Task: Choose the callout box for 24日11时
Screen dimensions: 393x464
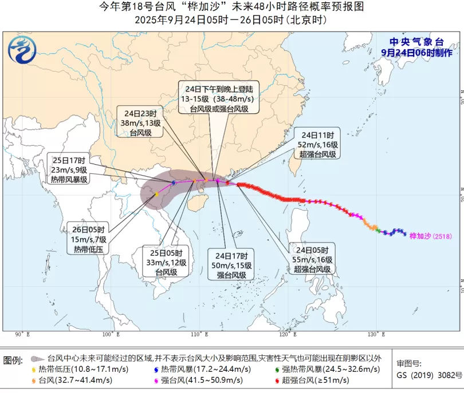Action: pos(316,144)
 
